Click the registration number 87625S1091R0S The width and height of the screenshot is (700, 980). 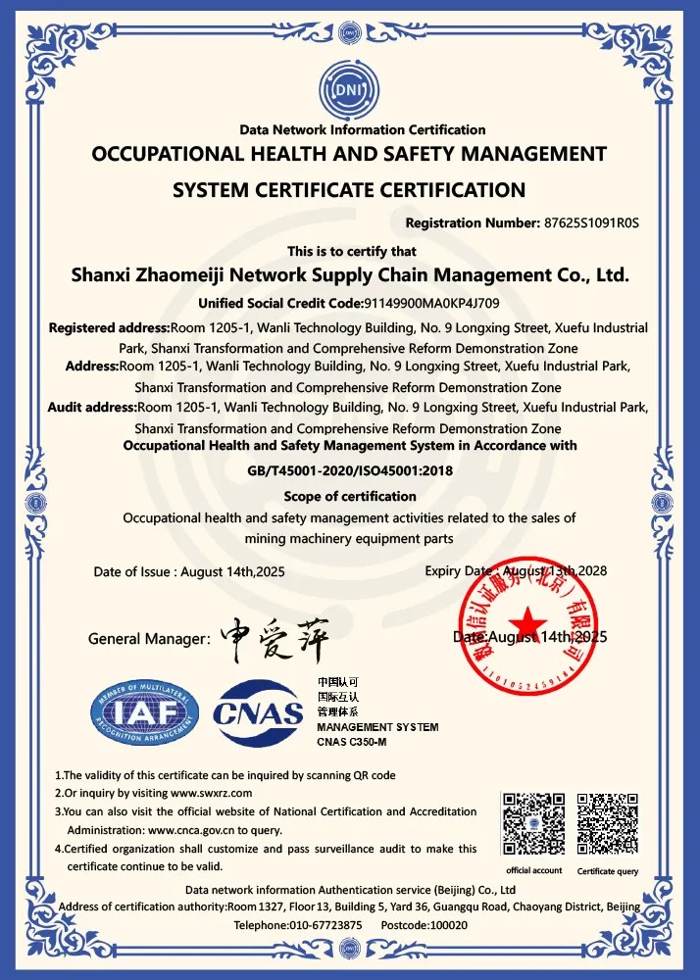click(590, 222)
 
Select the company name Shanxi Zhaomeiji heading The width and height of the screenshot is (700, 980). click(350, 275)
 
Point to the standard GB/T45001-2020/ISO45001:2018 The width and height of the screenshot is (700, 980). click(349, 470)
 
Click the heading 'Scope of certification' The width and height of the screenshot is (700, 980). click(350, 496)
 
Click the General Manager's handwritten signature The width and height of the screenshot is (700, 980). click(274, 637)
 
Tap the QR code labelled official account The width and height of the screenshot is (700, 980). click(533, 823)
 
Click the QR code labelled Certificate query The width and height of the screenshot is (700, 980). click(608, 823)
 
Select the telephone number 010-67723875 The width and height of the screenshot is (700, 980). click(325, 925)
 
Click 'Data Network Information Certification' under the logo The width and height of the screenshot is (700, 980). click(363, 129)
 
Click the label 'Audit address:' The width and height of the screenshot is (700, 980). click(91, 407)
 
